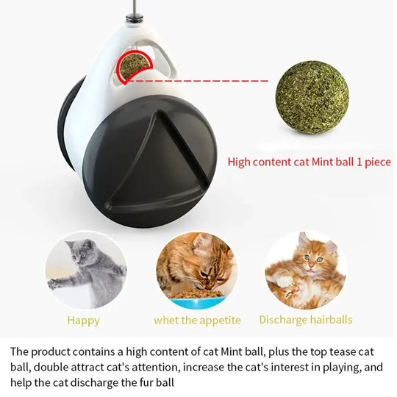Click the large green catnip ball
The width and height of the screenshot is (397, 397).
pyautogui.click(x=312, y=98)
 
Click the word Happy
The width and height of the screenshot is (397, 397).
pyautogui.click(x=83, y=321)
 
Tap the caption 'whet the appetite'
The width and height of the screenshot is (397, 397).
pyautogui.click(x=197, y=320)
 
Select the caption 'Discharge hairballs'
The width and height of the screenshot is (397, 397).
pyautogui.click(x=305, y=320)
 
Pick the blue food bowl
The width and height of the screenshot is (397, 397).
pyautogui.click(x=197, y=301)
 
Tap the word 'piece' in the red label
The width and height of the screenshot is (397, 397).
pyautogui.click(x=376, y=162)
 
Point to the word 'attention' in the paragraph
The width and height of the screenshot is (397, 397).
pyautogui.click(x=151, y=367)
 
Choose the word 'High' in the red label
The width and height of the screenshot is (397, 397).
pyautogui.click(x=242, y=162)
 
